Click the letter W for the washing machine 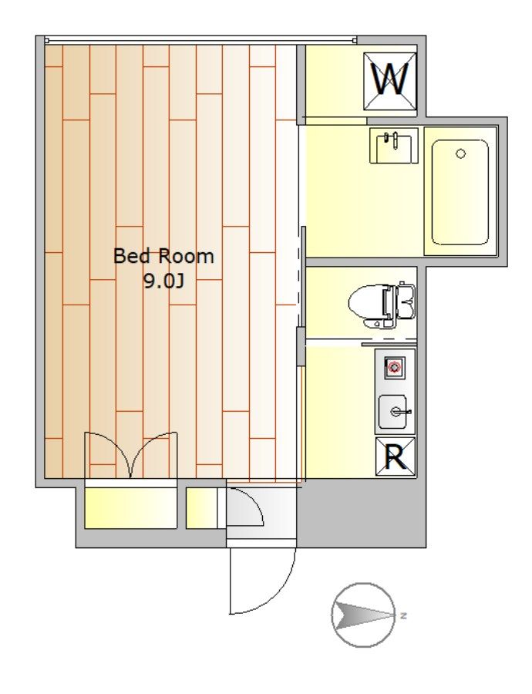[389, 79]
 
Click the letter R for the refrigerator [396, 456]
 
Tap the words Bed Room [163, 256]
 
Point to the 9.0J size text [163, 281]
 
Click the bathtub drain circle [461, 153]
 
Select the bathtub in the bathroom [460, 192]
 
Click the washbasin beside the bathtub [394, 146]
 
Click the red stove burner [393, 367]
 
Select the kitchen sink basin [392, 412]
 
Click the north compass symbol [363, 615]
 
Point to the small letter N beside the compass [402, 615]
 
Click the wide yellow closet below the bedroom [130, 507]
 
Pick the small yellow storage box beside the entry [202, 508]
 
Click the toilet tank [407, 302]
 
